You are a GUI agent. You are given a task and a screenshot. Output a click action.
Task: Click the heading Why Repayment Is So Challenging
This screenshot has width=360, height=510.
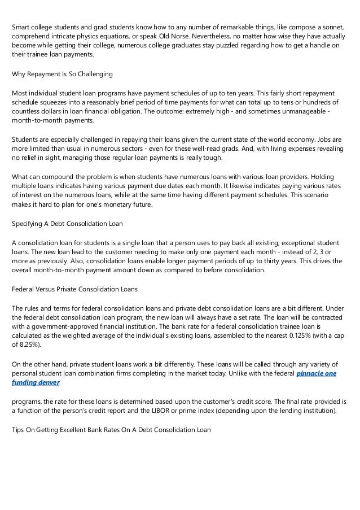pyautogui.click(x=62, y=73)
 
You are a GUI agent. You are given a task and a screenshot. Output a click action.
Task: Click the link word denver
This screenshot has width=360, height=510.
pyautogui.click(x=47, y=382)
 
